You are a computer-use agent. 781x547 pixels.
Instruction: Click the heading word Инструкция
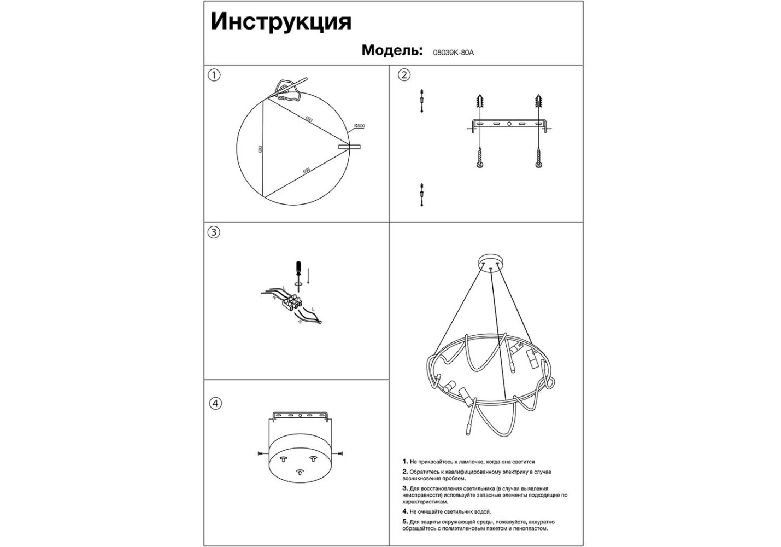[x=280, y=22]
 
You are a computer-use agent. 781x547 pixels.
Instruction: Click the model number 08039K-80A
[x=453, y=53]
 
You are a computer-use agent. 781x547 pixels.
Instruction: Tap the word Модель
[x=391, y=50]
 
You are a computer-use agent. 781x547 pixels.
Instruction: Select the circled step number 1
[x=214, y=75]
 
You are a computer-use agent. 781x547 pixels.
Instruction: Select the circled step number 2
[x=404, y=75]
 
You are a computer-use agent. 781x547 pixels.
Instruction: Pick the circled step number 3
[x=214, y=232]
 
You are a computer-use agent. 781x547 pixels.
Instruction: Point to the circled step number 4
[x=216, y=403]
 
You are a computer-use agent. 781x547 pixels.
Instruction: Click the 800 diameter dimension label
[x=360, y=126]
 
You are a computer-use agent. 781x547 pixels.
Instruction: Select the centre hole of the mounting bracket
[x=509, y=124]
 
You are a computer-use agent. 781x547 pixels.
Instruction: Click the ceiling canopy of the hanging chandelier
[x=492, y=261]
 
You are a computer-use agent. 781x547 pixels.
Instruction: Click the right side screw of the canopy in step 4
[x=339, y=453]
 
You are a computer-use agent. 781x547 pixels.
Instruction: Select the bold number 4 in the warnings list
[x=405, y=511]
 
